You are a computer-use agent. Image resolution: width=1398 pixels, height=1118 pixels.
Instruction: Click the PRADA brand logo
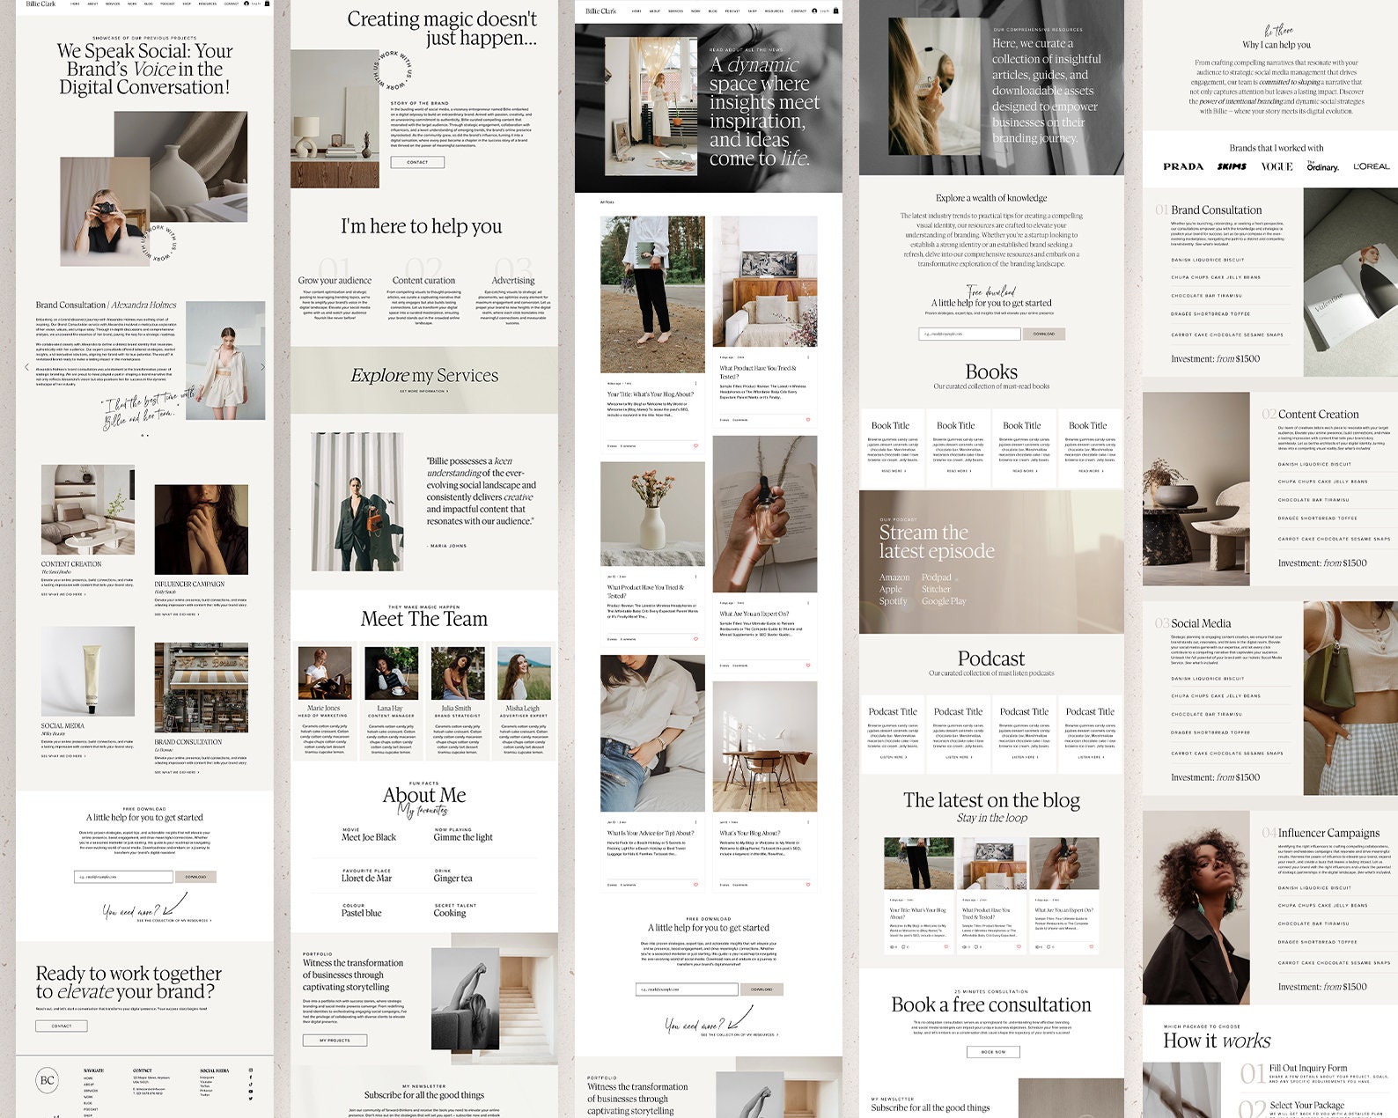pos(1182,166)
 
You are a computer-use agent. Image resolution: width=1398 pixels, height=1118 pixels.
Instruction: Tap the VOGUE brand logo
pos(1277,166)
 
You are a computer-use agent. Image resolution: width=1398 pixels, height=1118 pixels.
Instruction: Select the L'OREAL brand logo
pos(1371,166)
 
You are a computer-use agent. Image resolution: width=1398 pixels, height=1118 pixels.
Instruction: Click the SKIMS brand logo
pos(1232,166)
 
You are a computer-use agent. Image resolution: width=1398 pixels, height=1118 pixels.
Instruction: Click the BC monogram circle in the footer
pos(48,1080)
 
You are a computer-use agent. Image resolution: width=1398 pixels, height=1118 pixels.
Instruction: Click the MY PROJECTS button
pos(335,1040)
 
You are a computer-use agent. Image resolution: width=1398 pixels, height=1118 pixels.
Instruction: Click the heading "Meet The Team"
pos(423,619)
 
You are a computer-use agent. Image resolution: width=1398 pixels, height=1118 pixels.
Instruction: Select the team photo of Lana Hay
pos(391,673)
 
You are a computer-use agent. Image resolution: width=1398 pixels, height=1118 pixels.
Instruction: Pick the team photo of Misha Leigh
pos(523,673)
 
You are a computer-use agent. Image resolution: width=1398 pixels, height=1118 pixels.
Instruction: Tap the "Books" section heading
pos(991,372)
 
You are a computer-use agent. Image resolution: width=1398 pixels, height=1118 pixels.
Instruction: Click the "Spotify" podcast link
pos(893,601)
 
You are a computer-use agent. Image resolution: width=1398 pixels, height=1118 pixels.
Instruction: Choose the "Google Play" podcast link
pos(944,601)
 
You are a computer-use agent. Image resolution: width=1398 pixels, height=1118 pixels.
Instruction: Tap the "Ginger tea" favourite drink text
pos(453,878)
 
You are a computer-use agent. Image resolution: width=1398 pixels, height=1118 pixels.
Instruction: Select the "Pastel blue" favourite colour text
pos(361,913)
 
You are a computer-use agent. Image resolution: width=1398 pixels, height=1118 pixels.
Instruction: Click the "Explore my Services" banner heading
pos(424,376)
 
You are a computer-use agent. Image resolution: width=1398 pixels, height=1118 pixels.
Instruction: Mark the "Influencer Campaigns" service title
pos(1328,833)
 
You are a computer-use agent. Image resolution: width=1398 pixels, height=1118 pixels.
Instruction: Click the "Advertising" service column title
pos(513,281)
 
